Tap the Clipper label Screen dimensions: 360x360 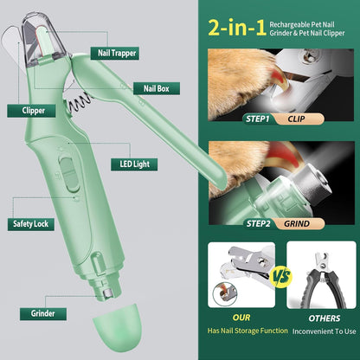tap(28, 111)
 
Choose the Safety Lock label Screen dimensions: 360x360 tap(31, 224)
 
